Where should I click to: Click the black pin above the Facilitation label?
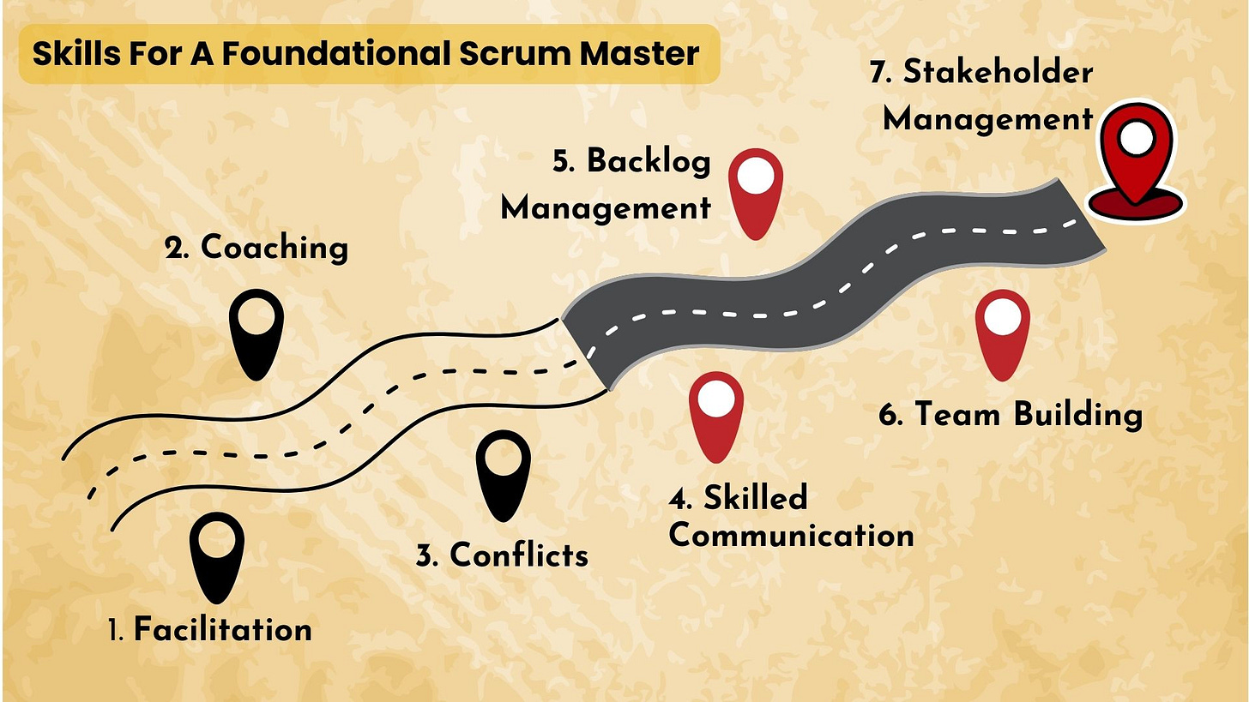point(216,555)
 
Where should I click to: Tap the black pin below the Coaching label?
point(256,333)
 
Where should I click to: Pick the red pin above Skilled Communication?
point(716,415)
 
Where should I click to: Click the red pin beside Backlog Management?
point(756,192)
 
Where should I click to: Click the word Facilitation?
point(223,630)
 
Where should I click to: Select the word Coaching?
point(275,248)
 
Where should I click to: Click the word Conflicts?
point(519,555)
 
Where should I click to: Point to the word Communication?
point(791,536)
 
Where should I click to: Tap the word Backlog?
point(649,161)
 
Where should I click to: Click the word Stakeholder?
point(998,72)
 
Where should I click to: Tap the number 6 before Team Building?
point(890,415)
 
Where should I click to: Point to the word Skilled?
point(755,498)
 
